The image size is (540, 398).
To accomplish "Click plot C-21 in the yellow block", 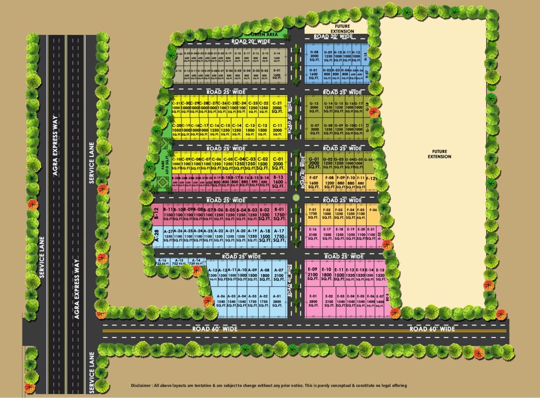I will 277,107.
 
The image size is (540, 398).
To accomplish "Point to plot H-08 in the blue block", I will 313,56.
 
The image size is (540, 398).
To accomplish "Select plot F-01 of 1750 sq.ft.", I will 312,214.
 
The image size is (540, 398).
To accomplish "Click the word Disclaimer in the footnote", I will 141,386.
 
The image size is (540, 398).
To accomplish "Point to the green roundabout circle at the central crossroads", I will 296,197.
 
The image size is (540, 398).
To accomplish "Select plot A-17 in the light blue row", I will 279,234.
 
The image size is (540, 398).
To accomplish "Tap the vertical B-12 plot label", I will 156,214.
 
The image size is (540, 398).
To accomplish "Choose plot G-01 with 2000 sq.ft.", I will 313,164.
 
